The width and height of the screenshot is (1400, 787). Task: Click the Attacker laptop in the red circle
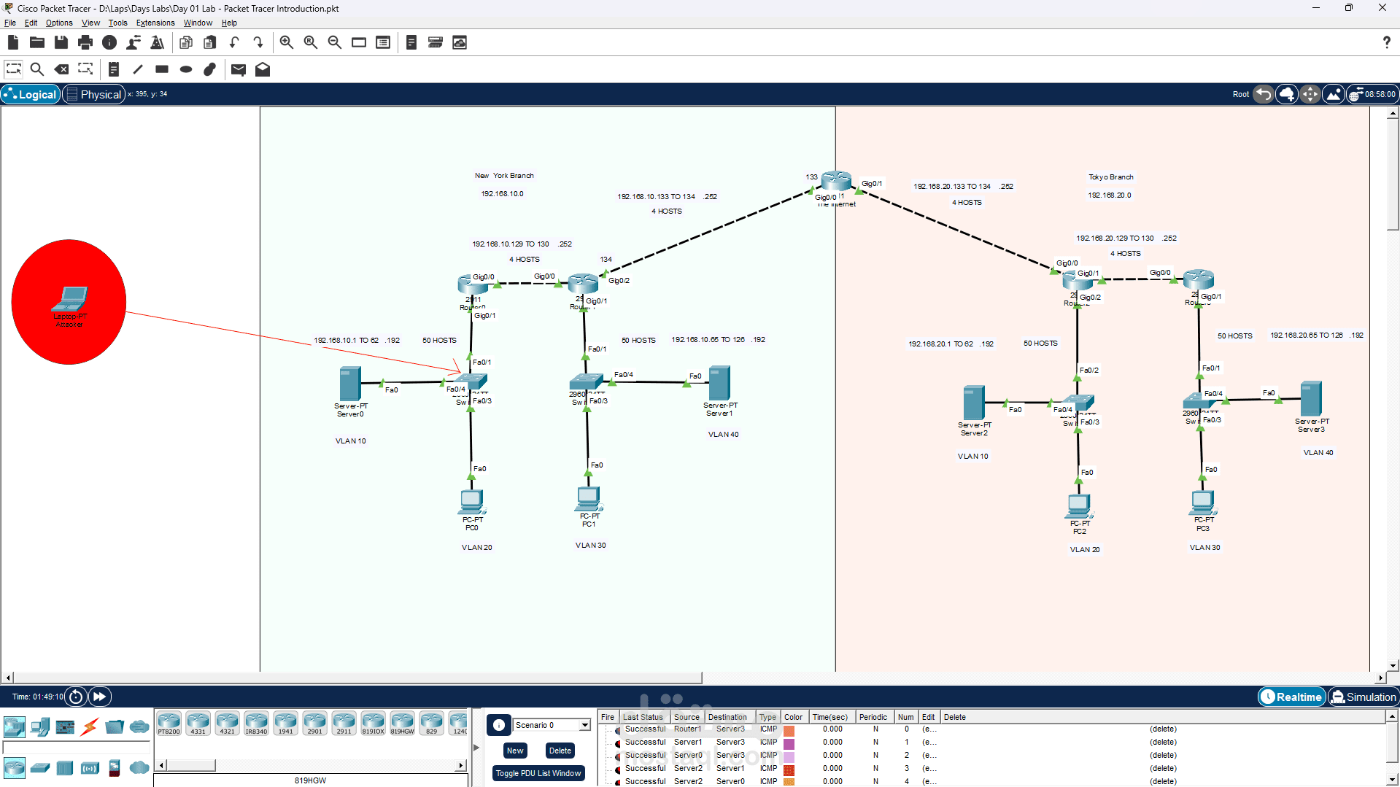(x=70, y=299)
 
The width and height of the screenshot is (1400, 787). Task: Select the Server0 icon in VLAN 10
(x=350, y=384)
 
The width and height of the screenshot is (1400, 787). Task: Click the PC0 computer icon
(x=472, y=502)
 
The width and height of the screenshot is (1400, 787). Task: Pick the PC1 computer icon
(x=588, y=499)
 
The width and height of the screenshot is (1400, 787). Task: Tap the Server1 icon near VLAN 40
(x=719, y=383)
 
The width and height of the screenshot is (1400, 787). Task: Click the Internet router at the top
(x=836, y=180)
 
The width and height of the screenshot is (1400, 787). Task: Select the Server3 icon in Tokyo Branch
(x=1310, y=398)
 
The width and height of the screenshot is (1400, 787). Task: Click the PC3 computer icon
(x=1203, y=503)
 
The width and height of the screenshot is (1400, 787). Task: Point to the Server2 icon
(x=974, y=403)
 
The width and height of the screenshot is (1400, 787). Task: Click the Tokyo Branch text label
(x=1110, y=177)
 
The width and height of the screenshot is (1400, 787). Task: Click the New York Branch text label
(x=504, y=176)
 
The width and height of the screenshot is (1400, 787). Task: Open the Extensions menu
(x=155, y=23)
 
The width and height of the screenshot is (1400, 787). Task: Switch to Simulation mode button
(x=1363, y=697)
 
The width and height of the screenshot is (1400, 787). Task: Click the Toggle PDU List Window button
(x=538, y=773)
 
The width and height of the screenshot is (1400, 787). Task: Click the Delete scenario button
(x=560, y=751)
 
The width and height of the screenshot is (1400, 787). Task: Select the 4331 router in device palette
(x=198, y=723)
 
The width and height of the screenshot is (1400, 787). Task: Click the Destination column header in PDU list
(x=727, y=717)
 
